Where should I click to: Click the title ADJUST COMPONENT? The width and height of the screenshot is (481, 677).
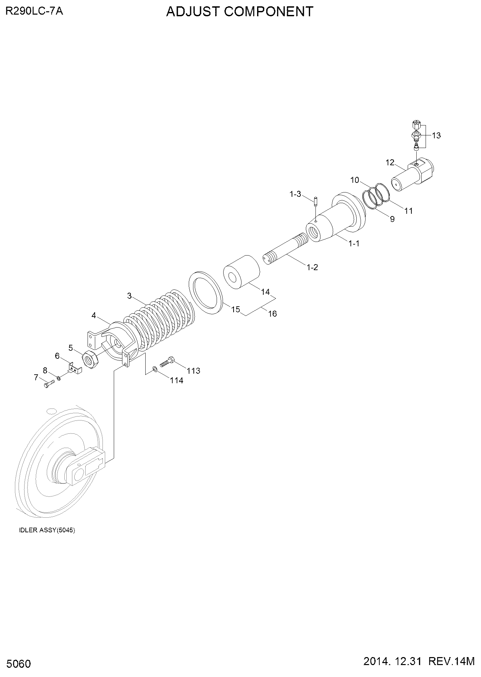[x=240, y=12]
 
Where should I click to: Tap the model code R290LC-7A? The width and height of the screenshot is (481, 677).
[x=34, y=11]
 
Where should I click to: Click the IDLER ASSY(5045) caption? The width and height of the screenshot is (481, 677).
[x=47, y=530]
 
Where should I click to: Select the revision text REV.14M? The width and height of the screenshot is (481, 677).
[x=452, y=662]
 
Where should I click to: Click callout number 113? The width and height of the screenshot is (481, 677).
[x=193, y=370]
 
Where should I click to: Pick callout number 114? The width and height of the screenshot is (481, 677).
[x=177, y=380]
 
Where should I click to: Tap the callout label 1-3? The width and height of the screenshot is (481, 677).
[x=295, y=194]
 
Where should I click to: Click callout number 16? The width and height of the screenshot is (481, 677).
[x=272, y=313]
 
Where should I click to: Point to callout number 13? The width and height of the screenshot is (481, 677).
[x=437, y=135]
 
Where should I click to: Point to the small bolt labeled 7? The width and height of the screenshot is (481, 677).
[x=48, y=385]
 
